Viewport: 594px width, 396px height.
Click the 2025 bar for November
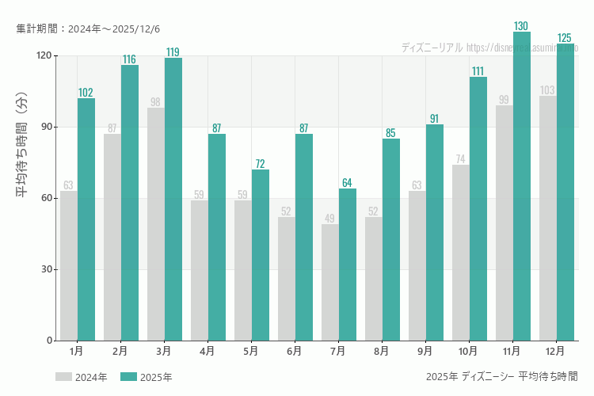coord(521,186)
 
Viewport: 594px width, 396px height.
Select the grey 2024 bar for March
coord(156,224)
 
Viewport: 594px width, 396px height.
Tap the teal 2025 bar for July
coord(347,265)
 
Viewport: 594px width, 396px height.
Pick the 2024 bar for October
coord(461,253)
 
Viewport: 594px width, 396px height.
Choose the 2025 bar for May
coord(260,255)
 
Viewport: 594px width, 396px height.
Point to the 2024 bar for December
coord(548,218)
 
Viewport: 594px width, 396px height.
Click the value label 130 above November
coord(521,26)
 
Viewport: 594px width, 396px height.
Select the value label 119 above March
coord(173,52)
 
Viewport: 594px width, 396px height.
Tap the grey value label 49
coord(330,219)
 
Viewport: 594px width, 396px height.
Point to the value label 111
coord(478,71)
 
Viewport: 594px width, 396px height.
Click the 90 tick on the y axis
coord(44,127)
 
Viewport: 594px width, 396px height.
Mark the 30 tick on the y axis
coord(44,269)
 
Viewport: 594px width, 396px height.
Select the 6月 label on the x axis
coord(295,350)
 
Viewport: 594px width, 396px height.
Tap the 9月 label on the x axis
coord(425,350)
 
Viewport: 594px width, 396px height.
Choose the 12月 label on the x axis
coord(555,350)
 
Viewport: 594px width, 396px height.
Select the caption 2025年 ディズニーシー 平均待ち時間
coord(501,376)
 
